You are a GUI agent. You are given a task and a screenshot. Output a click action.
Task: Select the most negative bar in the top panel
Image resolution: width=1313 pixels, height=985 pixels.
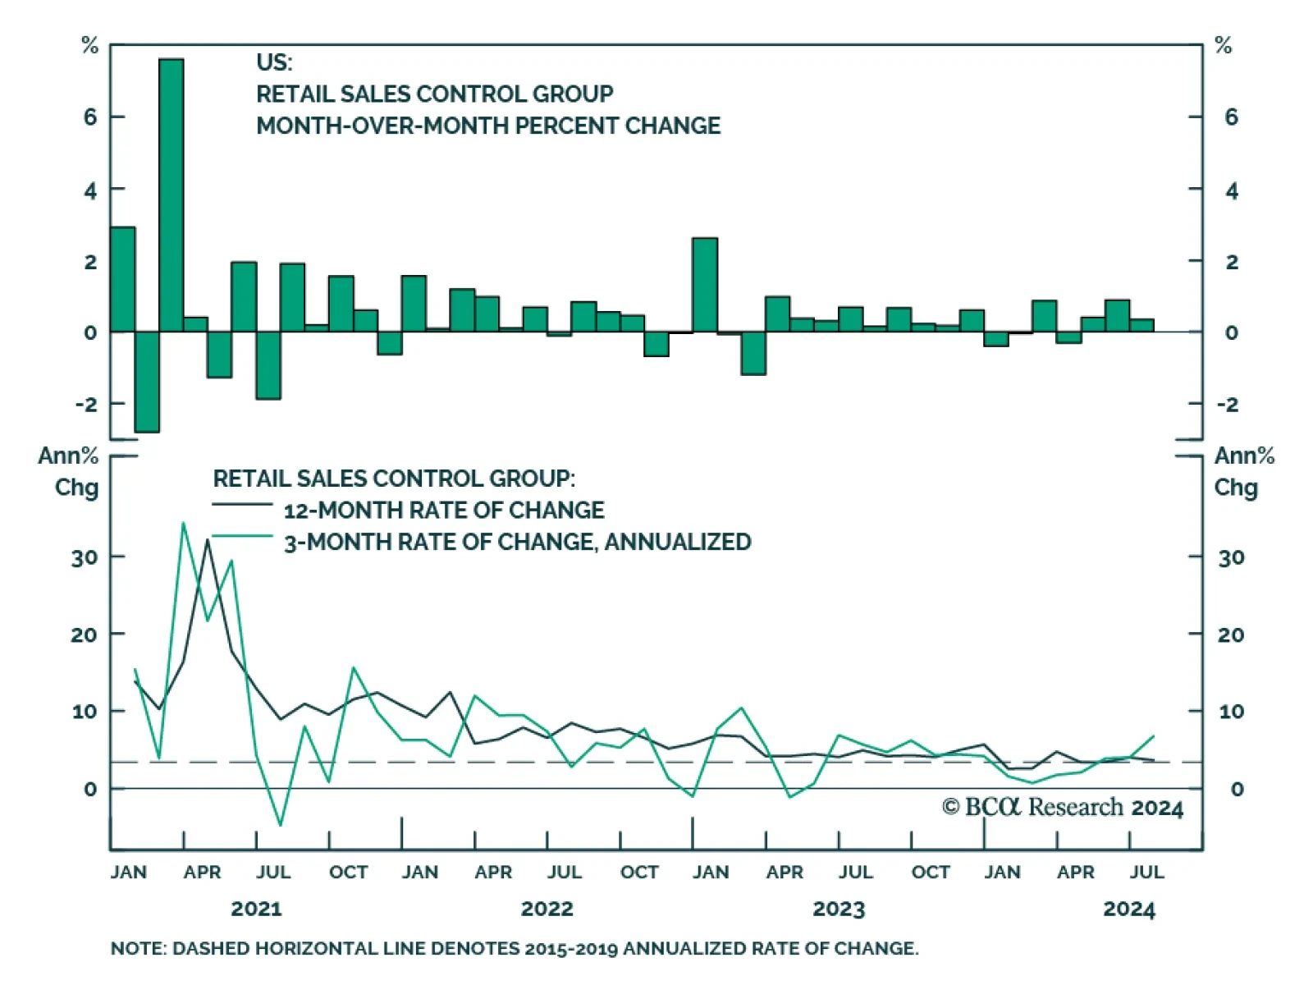pos(147,382)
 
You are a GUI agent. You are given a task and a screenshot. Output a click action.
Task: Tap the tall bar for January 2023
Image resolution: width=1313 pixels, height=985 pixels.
pos(705,285)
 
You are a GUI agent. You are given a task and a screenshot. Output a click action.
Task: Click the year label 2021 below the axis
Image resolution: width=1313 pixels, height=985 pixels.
pos(256,909)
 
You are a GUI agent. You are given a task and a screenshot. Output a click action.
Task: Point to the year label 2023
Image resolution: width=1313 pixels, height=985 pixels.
pos(839,909)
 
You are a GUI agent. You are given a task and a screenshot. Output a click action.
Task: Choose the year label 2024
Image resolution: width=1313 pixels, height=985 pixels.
pos(1129,909)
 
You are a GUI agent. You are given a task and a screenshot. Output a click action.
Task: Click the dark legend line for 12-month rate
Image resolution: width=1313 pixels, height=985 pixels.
pos(242,504)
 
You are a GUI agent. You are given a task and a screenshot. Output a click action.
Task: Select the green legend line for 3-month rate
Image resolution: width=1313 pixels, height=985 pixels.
pos(242,536)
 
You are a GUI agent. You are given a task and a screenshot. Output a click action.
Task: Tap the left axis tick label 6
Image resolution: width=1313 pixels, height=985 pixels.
pos(89,117)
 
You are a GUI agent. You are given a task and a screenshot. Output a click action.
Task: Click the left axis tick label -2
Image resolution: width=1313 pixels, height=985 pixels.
pos(85,404)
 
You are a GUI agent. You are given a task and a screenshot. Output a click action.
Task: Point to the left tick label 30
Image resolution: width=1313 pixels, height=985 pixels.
pos(84,558)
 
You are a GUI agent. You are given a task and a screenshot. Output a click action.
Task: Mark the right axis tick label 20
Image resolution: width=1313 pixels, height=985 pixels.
pos(1231,635)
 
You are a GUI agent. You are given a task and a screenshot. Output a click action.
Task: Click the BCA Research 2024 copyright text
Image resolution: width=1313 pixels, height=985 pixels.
pos(1063,808)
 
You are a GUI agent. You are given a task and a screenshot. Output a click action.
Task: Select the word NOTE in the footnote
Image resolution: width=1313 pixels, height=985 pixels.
pos(136,948)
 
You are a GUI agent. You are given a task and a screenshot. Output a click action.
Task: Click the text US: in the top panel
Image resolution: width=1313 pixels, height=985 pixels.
pos(274,62)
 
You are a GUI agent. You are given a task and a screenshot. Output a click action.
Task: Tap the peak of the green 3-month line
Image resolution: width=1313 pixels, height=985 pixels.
pos(183,522)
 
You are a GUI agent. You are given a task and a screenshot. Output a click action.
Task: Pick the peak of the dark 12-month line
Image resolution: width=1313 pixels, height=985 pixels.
pos(208,539)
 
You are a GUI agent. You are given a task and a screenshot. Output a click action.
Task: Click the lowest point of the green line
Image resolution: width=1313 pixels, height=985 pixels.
pos(281,825)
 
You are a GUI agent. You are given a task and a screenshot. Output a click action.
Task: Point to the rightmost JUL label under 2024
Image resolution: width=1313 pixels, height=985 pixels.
pos(1146,872)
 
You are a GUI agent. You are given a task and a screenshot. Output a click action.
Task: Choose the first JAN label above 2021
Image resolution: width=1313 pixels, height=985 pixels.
pos(129,872)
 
